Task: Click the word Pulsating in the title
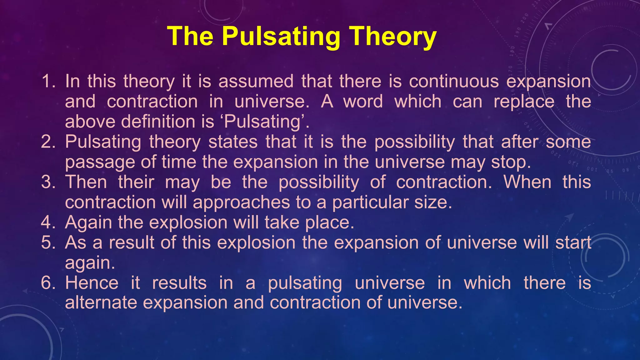[x=281, y=37]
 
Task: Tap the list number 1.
[x=48, y=81]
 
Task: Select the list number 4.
[x=48, y=222]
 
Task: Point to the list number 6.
[x=48, y=283]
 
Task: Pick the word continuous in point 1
[x=454, y=81]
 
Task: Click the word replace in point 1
[x=524, y=102]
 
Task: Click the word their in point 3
[x=136, y=182]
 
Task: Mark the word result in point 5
[x=132, y=242]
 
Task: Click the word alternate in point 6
[x=101, y=303]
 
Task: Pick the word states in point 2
[x=233, y=142]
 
